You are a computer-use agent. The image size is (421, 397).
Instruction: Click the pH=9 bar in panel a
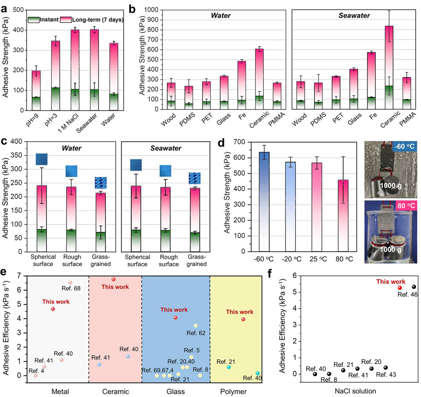[36, 90]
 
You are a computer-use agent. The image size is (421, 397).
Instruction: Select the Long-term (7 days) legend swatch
[66, 20]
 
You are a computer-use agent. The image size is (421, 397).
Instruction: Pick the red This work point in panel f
[400, 288]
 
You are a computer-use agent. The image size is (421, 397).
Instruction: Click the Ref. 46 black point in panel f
[414, 287]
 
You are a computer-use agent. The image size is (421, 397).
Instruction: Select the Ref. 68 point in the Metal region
[70, 283]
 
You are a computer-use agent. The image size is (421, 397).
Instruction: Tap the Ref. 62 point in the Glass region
[196, 326]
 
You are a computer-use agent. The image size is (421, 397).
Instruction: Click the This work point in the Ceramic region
[113, 279]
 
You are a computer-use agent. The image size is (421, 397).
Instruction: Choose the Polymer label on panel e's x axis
[233, 392]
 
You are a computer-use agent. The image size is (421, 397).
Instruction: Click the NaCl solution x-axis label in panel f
[355, 391]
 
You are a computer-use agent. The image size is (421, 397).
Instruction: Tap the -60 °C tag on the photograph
[405, 146]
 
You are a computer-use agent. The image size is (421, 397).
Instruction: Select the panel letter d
[221, 142]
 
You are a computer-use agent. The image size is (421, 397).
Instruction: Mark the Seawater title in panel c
[166, 148]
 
